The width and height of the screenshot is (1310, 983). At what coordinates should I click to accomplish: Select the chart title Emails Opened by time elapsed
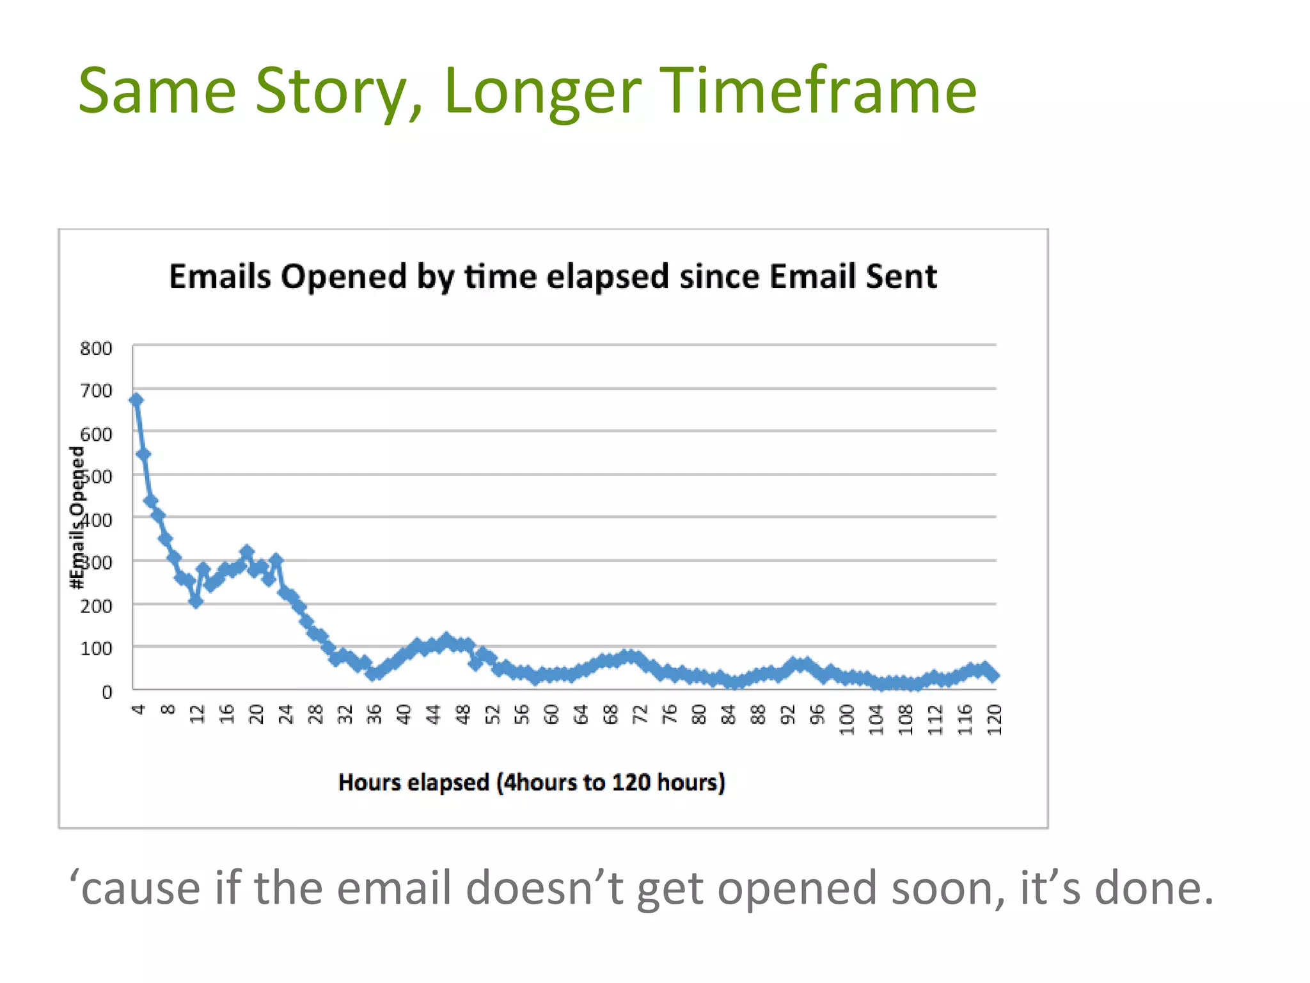tap(553, 276)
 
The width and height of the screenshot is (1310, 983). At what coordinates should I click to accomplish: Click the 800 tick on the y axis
tap(96, 349)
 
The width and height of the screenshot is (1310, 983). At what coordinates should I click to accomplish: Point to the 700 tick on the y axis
tap(96, 391)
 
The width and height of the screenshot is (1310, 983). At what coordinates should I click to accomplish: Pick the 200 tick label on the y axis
tap(96, 606)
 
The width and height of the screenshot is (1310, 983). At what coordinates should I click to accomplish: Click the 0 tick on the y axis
tap(107, 692)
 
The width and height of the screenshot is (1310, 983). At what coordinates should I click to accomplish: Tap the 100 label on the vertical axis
tap(96, 649)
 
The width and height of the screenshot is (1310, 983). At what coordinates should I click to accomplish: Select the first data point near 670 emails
tap(136, 400)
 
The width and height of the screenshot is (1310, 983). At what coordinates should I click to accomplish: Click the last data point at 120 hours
tap(993, 675)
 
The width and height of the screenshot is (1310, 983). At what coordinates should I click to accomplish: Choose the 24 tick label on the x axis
tap(286, 714)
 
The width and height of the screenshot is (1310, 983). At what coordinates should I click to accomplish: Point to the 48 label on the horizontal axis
tap(463, 714)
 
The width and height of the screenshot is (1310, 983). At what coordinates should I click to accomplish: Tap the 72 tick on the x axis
tap(640, 714)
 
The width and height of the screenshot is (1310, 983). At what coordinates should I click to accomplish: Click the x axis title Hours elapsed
tap(532, 783)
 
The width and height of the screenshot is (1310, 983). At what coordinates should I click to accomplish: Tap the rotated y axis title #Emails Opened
tap(77, 517)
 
